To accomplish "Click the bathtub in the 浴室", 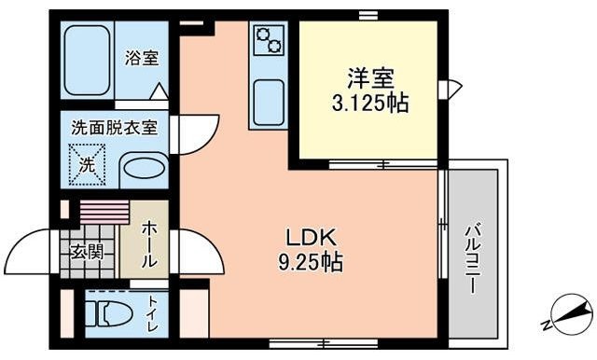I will coord(87,59).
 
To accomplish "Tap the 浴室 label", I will coord(142,58).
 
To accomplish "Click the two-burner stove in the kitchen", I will coord(269,40).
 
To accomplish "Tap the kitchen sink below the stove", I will coord(269,98).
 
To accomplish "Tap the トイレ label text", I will coord(152,314).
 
